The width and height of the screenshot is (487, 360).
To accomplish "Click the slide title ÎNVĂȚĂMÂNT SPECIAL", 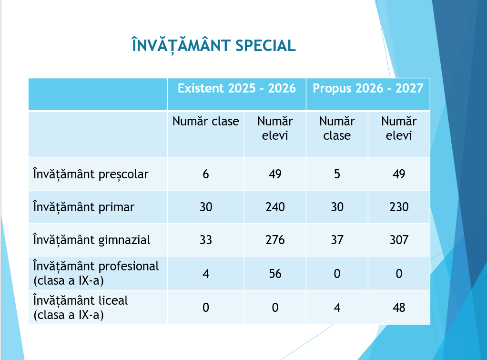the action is [213, 45].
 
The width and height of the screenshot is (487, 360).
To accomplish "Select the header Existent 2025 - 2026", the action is [237, 88].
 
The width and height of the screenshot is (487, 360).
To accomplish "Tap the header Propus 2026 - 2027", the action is [368, 88].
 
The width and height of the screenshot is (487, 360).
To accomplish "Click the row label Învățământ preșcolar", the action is [91, 174].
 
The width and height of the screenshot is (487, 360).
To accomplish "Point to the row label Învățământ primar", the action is [83, 207].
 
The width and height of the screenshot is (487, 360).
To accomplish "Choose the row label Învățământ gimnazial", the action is [91, 240].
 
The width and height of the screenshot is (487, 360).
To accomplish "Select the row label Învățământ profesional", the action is [96, 266].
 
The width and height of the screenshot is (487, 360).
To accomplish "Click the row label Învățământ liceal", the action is [80, 300].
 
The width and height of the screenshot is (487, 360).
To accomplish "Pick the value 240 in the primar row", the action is [275, 207].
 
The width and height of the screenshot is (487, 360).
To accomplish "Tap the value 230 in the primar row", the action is [399, 207].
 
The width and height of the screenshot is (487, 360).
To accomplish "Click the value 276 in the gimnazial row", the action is [275, 240].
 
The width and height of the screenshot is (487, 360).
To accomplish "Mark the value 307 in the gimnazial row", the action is [399, 240].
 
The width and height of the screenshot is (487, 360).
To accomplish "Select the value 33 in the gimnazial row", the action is [205, 240].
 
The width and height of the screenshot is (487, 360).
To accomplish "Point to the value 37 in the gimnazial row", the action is [337, 240].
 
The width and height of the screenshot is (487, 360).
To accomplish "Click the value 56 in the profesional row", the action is [275, 274].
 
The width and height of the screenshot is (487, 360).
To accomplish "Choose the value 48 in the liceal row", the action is [399, 308].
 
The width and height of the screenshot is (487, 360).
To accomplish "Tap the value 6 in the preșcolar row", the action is [205, 174].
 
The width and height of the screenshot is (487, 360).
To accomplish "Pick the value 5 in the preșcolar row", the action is [337, 174].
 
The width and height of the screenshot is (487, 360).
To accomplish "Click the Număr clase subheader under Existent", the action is [205, 121].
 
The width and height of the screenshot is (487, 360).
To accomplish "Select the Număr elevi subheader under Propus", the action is [399, 128].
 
